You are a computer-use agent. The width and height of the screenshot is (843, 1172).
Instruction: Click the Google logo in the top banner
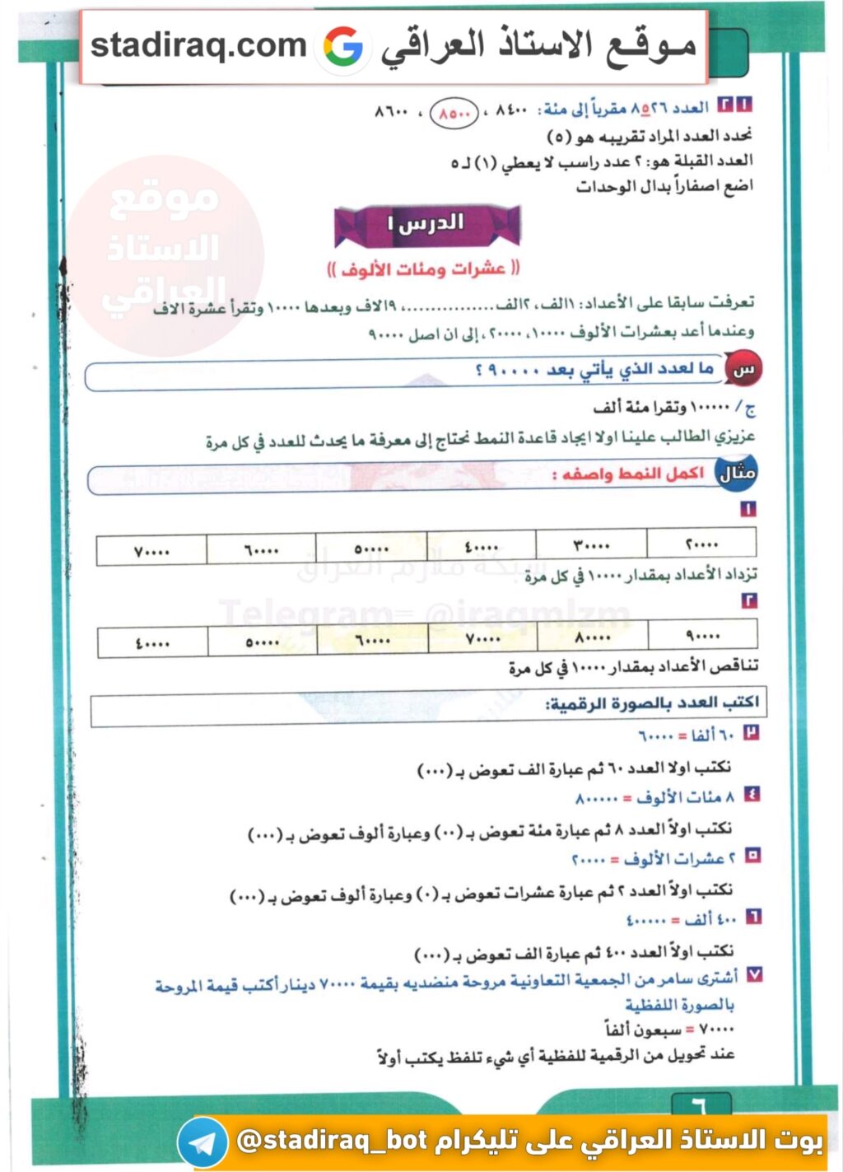[343, 47]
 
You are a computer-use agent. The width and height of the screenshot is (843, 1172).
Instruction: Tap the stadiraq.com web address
[198, 45]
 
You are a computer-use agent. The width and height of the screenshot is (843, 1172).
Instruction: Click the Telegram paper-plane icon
[202, 1142]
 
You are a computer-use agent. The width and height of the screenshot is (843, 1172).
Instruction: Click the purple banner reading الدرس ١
[426, 224]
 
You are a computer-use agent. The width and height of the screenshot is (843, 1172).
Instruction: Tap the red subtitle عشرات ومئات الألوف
[423, 268]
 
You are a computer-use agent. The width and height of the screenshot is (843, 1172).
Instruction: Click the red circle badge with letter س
[743, 370]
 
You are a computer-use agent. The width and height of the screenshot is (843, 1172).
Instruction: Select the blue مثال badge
[736, 474]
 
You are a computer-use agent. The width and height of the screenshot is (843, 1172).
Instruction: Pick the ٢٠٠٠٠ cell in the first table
[701, 544]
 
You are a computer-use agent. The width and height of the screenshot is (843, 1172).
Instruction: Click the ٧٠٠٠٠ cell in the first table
[151, 551]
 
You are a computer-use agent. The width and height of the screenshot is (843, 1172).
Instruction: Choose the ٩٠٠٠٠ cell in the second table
[702, 635]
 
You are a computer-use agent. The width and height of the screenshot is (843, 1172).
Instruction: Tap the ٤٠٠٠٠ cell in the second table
[152, 643]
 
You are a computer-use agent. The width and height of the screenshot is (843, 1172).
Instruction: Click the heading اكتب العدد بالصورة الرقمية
[652, 703]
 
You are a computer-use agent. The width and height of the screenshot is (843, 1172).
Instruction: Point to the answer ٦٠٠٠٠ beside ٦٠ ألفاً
[656, 735]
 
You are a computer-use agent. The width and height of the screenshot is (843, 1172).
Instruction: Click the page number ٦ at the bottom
[698, 1104]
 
